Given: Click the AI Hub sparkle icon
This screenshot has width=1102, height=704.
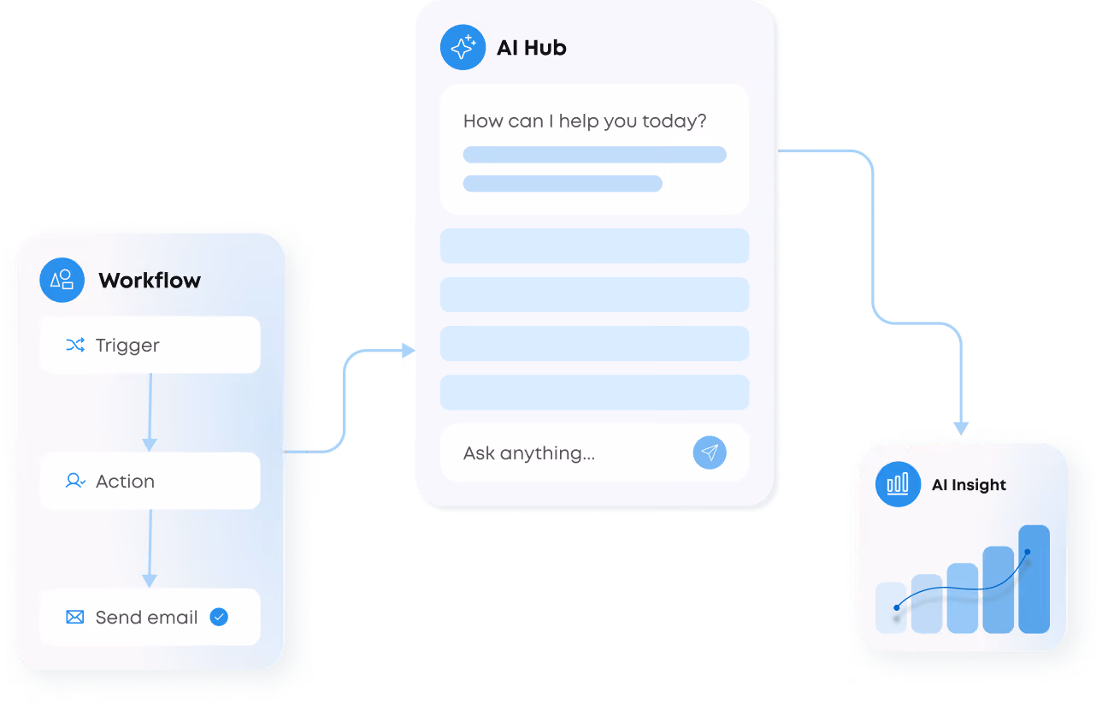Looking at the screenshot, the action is (x=463, y=47).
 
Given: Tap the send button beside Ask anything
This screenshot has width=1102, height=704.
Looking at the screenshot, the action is (x=710, y=453).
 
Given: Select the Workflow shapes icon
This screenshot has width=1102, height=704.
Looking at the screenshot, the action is (x=62, y=280).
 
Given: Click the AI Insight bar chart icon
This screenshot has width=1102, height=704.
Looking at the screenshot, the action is (x=898, y=484).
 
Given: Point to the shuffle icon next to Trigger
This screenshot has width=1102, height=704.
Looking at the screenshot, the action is (x=75, y=345).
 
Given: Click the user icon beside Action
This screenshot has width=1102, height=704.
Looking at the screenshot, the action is (x=75, y=481).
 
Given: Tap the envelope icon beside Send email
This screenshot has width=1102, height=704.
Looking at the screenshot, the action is (x=74, y=617).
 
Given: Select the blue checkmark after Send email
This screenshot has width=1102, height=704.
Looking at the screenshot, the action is (x=219, y=617).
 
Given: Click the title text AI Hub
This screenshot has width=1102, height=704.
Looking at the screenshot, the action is (x=531, y=48).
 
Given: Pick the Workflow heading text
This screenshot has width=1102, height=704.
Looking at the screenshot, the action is (x=150, y=280).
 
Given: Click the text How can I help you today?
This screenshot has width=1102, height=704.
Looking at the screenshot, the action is (x=585, y=121).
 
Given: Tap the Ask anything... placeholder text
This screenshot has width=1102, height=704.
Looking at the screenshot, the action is (x=529, y=453).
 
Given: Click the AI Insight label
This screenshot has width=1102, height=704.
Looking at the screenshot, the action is (x=969, y=485).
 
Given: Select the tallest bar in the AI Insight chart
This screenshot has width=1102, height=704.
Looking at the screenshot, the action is (x=1034, y=579).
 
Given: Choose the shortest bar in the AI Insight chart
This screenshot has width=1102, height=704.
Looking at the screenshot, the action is (x=891, y=607).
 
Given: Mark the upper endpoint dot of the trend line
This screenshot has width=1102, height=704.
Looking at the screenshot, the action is (x=1028, y=552).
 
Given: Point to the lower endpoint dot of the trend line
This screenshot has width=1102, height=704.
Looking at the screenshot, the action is (x=896, y=607).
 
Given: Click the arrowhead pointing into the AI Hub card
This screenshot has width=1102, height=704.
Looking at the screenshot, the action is (x=409, y=351).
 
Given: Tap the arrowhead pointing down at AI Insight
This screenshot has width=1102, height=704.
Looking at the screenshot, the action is (x=961, y=429).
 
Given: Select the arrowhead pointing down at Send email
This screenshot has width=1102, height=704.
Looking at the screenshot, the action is (x=150, y=581).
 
